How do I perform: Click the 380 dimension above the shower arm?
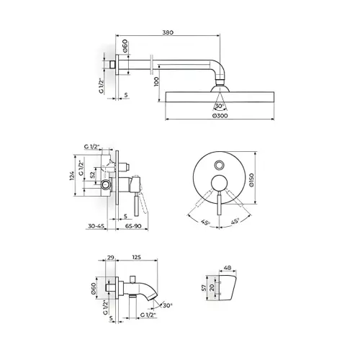pos(168,32)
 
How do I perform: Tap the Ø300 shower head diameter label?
pos(220,116)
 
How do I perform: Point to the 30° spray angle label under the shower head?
pos(219,106)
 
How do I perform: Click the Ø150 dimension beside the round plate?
pos(251,180)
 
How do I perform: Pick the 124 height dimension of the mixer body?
pos(72,176)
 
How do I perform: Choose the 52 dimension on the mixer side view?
pos(92,174)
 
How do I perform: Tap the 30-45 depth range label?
pos(96,226)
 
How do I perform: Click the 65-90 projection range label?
pos(133,226)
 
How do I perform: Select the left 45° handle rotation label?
pos(206,222)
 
